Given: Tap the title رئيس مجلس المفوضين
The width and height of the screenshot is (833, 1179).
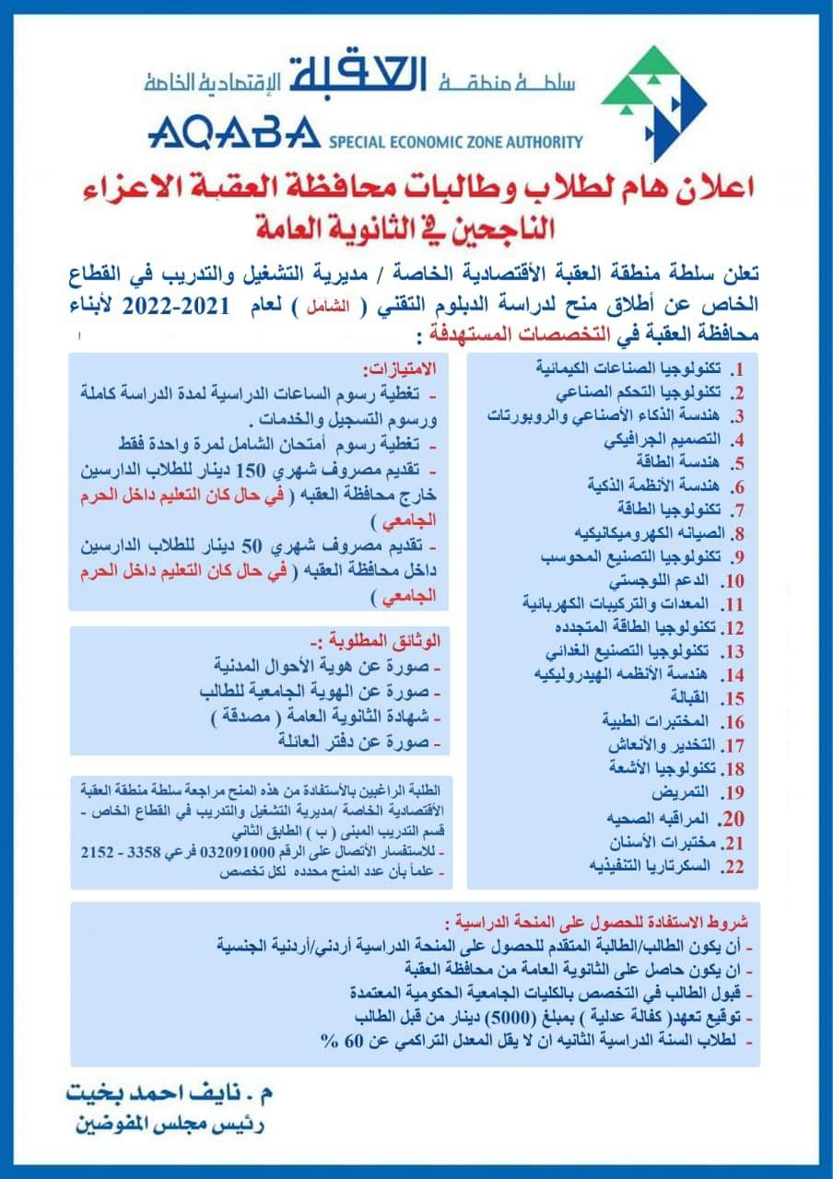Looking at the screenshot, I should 171,1126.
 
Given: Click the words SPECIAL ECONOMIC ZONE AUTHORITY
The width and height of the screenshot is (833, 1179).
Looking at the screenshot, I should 455,142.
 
